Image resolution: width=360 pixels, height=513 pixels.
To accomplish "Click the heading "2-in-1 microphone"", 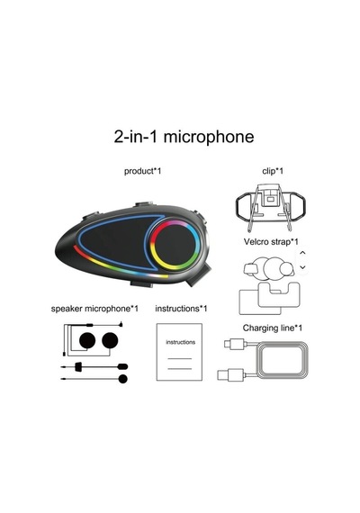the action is tap(184, 137).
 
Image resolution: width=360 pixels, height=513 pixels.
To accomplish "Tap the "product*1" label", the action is tap(142, 171).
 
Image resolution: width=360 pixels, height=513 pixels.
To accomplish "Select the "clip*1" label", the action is tap(273, 171).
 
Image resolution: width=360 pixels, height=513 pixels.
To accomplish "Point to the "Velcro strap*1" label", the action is tap(271, 242).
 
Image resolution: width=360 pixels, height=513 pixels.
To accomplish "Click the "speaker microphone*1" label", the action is tap(94, 309).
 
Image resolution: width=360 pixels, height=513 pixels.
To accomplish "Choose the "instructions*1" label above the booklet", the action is tap(181, 309).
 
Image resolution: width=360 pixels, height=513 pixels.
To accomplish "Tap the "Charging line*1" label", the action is tap(273, 328).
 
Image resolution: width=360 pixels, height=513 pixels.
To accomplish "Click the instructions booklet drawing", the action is tap(179, 352).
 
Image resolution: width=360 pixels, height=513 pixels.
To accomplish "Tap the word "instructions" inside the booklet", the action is tap(180, 342).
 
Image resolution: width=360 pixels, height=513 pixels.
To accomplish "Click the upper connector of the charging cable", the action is tap(234, 344).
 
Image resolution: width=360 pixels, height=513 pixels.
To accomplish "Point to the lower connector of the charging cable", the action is tap(230, 374).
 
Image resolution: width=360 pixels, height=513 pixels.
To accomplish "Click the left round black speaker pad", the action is tap(87, 340).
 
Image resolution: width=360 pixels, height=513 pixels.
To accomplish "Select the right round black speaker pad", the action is tap(110, 340).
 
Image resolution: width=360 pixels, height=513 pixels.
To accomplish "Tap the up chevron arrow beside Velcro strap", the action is tap(302, 253).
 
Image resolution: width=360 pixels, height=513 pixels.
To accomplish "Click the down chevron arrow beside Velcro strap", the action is tap(302, 267).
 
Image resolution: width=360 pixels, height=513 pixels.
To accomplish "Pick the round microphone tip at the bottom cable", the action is tap(122, 379).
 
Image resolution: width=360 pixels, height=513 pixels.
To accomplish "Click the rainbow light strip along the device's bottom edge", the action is tap(118, 267).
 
